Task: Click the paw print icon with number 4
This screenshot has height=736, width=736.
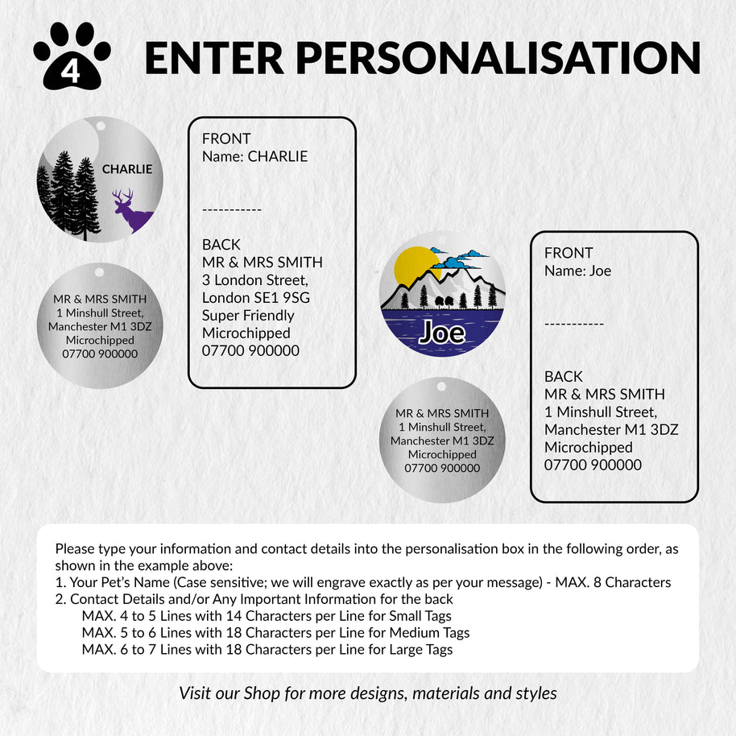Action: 71,56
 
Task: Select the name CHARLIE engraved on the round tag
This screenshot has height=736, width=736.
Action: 126,169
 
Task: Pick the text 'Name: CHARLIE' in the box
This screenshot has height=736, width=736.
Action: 254,156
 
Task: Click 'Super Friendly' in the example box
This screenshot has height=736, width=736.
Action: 248,315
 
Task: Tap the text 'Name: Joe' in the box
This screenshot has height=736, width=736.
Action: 577,271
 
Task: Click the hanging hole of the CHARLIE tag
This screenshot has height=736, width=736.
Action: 101,126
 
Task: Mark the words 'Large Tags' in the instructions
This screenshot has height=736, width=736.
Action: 418,649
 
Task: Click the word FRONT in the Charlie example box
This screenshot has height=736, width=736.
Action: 226,139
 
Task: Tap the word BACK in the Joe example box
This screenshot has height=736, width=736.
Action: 563,376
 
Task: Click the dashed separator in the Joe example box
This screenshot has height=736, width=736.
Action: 573,324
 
